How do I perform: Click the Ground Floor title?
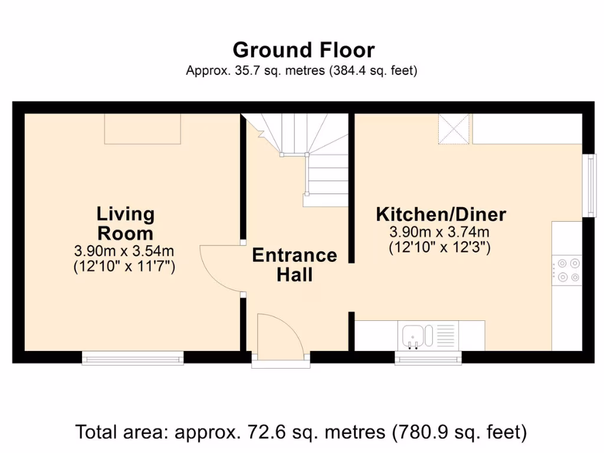coord(303,50)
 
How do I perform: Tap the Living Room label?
coord(125,222)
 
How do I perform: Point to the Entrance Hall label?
coord(294,264)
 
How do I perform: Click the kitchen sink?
coord(415,336)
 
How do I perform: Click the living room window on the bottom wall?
coord(133,357)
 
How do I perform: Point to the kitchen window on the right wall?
coord(588,185)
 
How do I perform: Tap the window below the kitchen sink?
coord(428,358)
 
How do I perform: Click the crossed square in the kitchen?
coord(454,129)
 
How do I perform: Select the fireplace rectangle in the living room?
coord(142,129)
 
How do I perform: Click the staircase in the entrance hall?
coord(313,159)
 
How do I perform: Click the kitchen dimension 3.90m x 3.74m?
coord(439,232)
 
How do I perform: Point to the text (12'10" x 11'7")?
coord(124,267)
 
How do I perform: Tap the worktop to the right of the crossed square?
coord(527,129)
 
